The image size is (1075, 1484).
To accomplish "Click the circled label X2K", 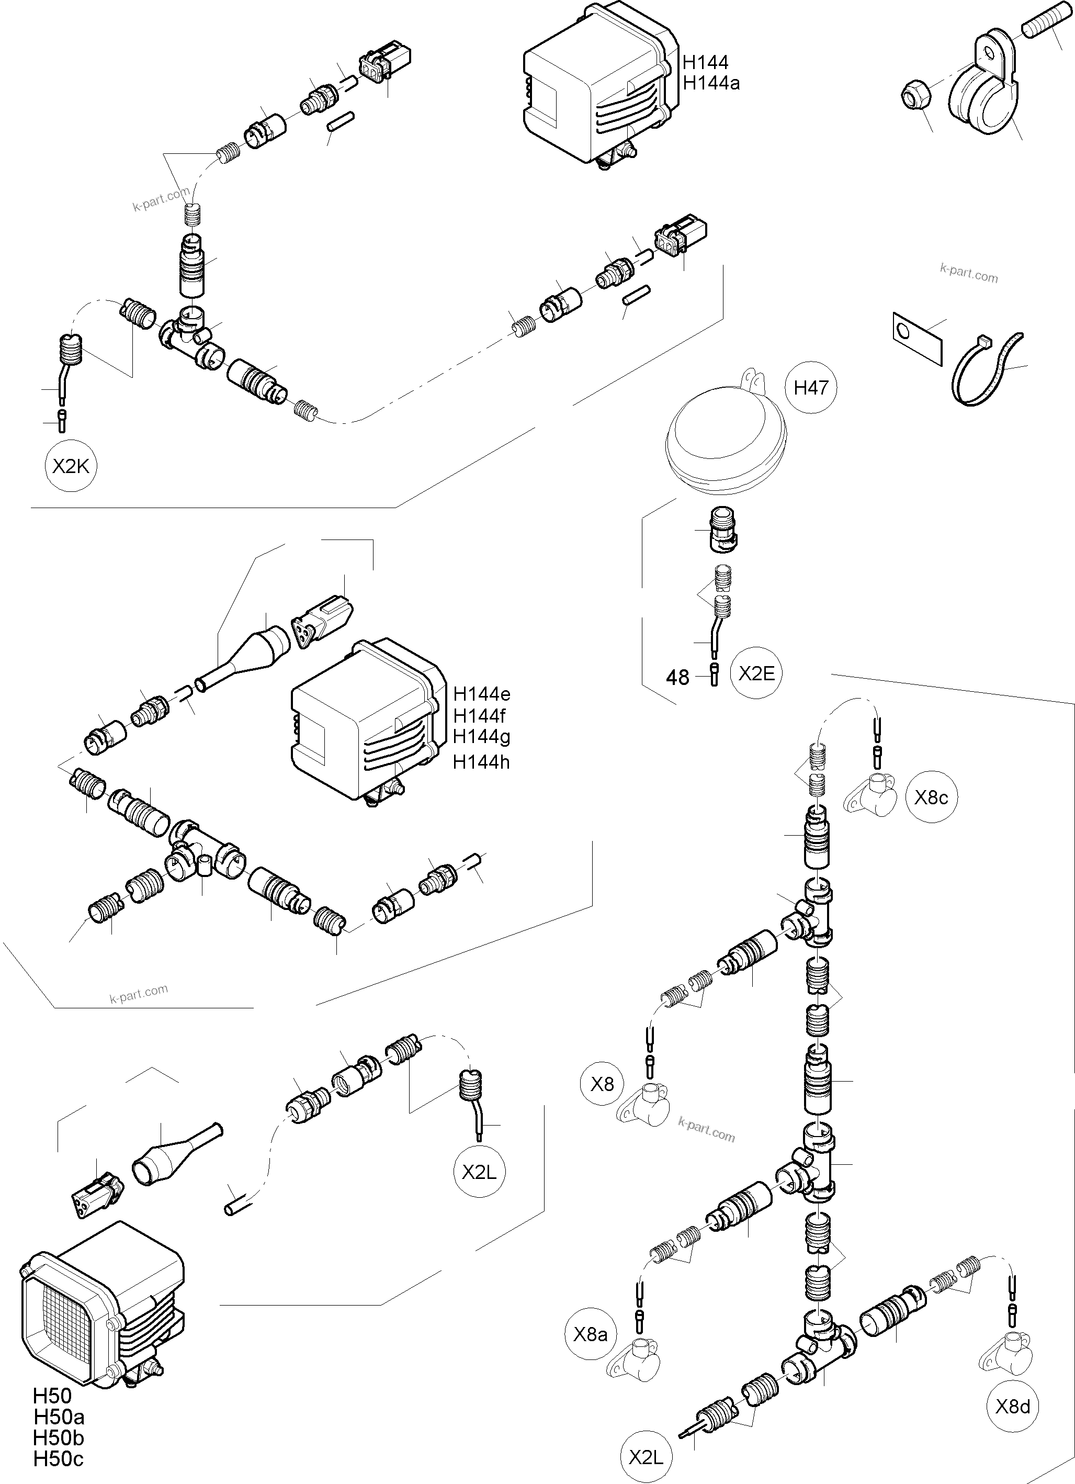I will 70,467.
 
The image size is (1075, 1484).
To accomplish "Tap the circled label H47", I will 811,388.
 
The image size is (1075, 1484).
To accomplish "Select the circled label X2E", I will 756,673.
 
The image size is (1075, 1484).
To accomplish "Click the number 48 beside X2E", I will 678,678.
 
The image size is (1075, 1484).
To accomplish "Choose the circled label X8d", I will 1012,1406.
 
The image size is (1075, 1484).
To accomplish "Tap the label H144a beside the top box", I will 711,83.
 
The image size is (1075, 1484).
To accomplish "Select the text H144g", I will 482,736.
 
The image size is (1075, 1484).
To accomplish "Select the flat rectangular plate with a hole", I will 915,337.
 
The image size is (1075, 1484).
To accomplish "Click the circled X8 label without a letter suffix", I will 602,1084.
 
